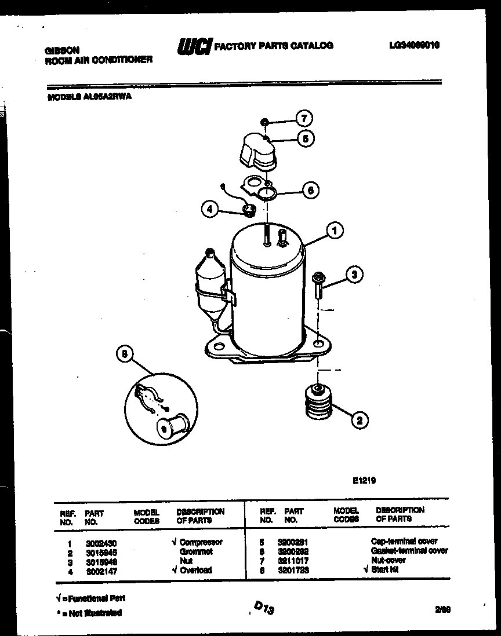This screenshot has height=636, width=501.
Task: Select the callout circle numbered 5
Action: (306, 138)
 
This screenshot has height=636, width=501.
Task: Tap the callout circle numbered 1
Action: (334, 231)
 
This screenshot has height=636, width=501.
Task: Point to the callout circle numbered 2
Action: (360, 421)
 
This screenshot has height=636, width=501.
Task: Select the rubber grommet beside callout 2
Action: (318, 402)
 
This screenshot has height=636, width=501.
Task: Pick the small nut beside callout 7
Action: (263, 122)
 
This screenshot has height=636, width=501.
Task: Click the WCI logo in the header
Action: (194, 46)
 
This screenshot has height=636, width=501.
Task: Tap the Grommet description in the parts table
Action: (196, 551)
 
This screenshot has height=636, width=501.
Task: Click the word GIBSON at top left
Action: (62, 50)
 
